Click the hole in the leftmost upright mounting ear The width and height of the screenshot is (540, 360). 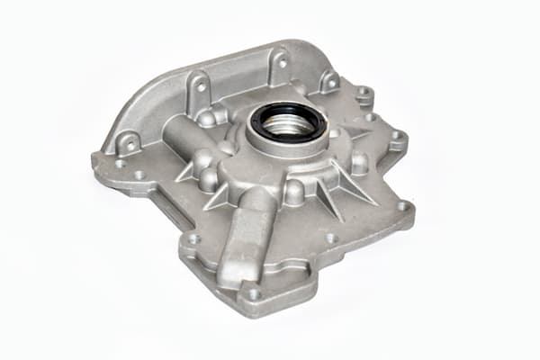pos(129,143)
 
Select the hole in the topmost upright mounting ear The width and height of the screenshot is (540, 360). pos(282,63)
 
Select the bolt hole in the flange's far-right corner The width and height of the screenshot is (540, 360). pos(402,206)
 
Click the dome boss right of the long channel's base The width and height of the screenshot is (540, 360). pos(293,191)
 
